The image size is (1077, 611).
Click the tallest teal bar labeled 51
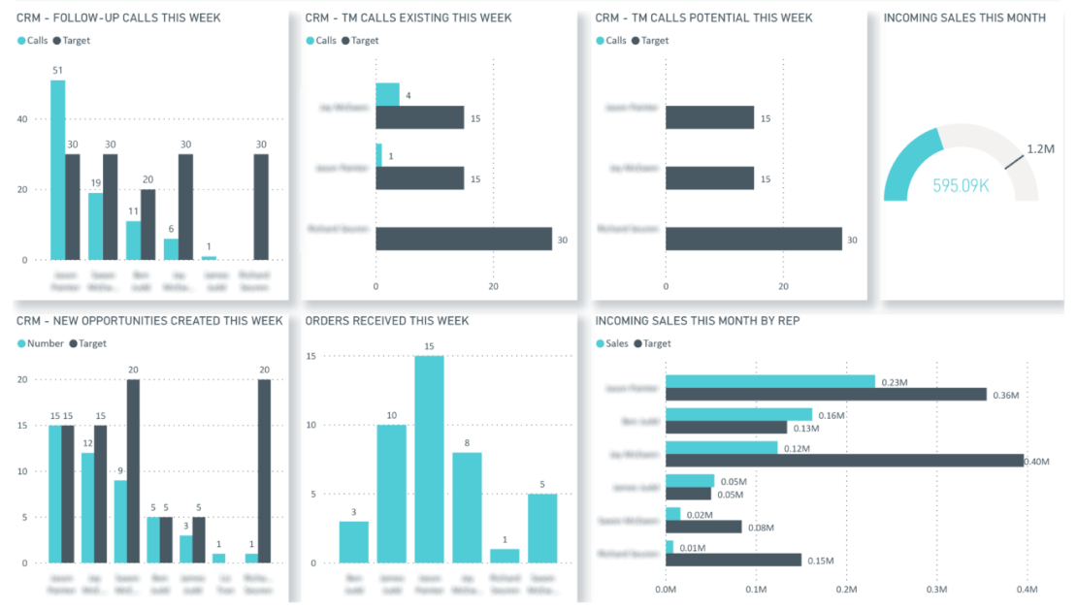(58, 170)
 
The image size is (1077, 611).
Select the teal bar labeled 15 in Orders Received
(430, 460)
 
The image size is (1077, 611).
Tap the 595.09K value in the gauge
(961, 184)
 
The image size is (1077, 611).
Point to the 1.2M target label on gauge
(1042, 149)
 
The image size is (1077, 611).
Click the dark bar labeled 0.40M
(844, 461)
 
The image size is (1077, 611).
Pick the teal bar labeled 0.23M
(769, 381)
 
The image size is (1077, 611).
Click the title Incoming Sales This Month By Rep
(697, 320)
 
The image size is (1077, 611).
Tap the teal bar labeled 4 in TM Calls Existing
(387, 94)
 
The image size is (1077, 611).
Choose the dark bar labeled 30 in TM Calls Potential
(753, 239)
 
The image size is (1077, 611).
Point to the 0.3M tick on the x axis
(936, 589)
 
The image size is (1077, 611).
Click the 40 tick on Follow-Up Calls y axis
(21, 119)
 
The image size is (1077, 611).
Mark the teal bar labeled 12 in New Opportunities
(88, 507)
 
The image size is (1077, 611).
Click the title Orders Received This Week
(386, 320)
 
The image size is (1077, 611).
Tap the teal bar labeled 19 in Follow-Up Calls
(95, 226)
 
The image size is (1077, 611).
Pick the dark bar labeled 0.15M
(733, 560)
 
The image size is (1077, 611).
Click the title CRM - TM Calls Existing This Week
(408, 17)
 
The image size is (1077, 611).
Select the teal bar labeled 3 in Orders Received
(354, 542)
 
